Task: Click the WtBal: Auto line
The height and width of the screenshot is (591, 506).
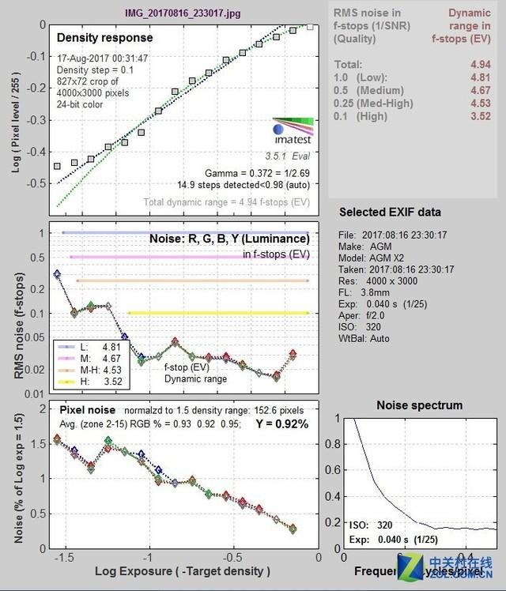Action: [368, 339]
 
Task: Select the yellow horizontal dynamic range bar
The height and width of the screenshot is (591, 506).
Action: [217, 314]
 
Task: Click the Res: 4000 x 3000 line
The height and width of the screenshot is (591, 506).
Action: [379, 280]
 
